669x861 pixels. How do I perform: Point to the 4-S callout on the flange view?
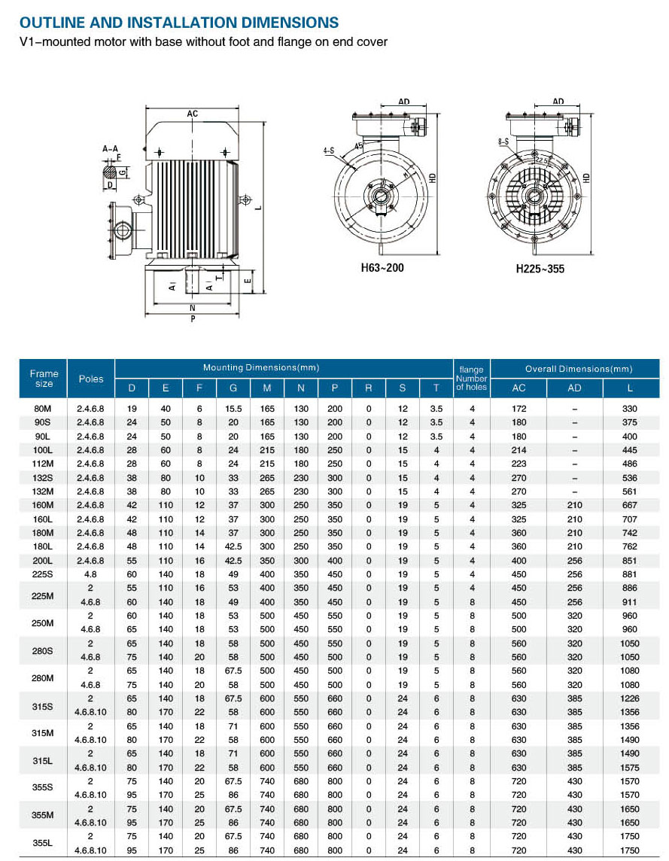click(329, 151)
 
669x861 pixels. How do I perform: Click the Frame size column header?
click(44, 379)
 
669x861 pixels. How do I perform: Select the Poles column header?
click(91, 379)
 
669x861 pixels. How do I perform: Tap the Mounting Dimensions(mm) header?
click(261, 368)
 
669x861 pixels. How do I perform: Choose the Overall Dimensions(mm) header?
click(579, 369)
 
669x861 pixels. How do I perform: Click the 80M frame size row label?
click(44, 409)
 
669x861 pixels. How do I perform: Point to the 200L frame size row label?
click(44, 561)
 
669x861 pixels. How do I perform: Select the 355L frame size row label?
click(44, 843)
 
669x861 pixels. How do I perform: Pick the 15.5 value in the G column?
click(233, 409)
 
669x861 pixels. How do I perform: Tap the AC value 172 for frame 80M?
click(518, 409)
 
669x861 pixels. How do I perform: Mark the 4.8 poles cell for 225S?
click(91, 574)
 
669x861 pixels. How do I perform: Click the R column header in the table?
click(369, 388)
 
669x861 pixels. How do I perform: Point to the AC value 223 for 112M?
click(518, 464)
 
